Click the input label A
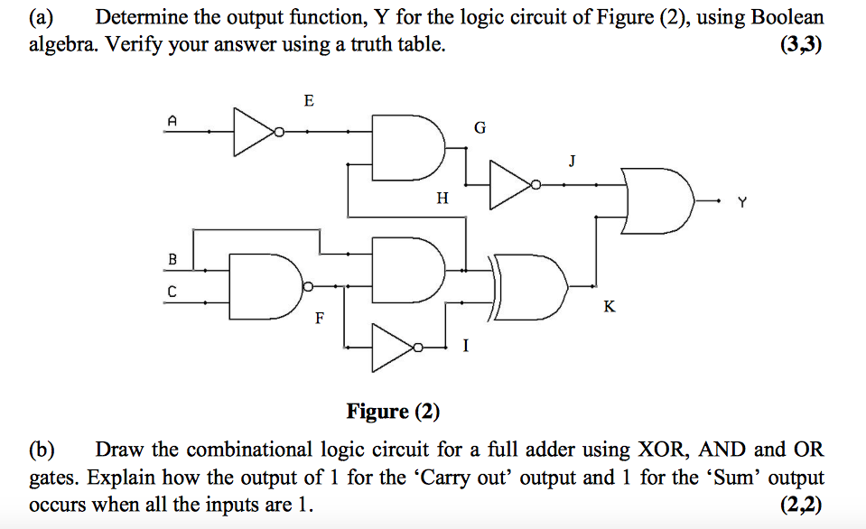click(x=172, y=118)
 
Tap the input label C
click(x=172, y=292)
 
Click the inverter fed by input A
click(x=256, y=132)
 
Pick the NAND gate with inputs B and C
click(x=266, y=285)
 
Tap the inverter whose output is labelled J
click(x=510, y=185)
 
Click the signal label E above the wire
click(x=309, y=101)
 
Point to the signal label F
click(x=318, y=319)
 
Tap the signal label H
click(x=442, y=198)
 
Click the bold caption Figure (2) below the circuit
click(x=393, y=412)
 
